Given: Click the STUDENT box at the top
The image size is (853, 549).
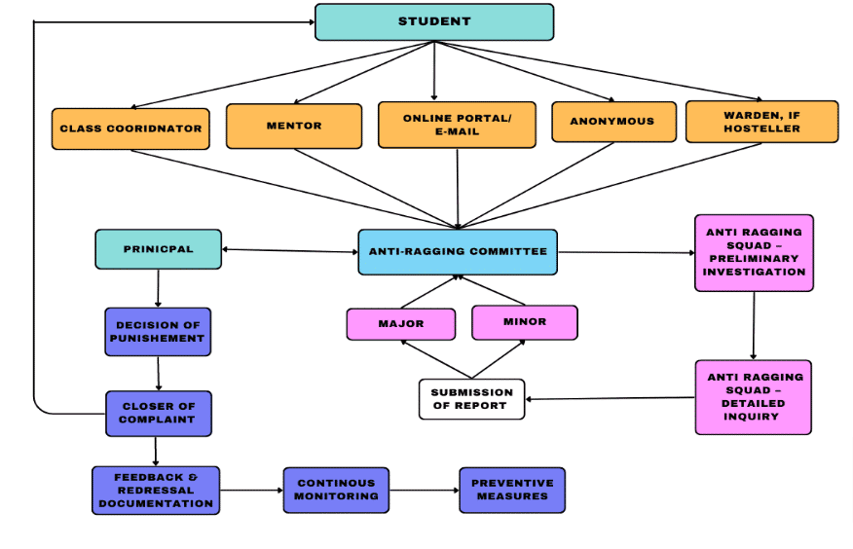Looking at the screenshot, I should tap(434, 22).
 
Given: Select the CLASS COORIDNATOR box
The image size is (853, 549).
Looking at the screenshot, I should tap(130, 128).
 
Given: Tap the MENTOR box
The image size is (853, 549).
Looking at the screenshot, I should tap(294, 127).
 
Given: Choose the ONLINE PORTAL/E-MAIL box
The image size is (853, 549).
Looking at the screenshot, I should tap(457, 125).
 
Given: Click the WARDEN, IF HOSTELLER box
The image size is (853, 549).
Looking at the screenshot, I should tap(761, 122).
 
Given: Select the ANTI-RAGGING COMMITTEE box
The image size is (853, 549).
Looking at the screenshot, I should tap(458, 252).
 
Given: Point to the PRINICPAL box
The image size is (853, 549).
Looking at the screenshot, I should tap(159, 249).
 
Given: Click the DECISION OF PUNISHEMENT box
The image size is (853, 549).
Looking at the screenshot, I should tap(158, 332).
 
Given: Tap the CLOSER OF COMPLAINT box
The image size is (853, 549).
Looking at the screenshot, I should tap(158, 413).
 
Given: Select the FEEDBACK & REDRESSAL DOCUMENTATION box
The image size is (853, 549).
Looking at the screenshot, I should tap(156, 490).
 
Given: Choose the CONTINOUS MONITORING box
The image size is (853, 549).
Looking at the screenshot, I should tap(336, 490).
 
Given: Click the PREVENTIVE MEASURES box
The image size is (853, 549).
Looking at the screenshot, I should tap(511, 490).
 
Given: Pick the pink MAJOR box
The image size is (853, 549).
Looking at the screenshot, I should tap(400, 324).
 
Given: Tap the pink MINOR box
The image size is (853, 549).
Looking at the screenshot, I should tap(524, 322).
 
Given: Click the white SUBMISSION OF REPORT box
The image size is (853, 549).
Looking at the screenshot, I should tap(471, 399).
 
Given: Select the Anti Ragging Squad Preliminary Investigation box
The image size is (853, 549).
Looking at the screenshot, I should tap(754, 252).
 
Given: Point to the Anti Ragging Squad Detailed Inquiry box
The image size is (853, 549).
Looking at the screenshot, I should tap(753, 396).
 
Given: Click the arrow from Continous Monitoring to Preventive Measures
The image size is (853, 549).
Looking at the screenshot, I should tap(424, 490).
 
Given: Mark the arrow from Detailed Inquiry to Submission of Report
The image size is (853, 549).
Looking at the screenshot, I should tap(610, 398).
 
